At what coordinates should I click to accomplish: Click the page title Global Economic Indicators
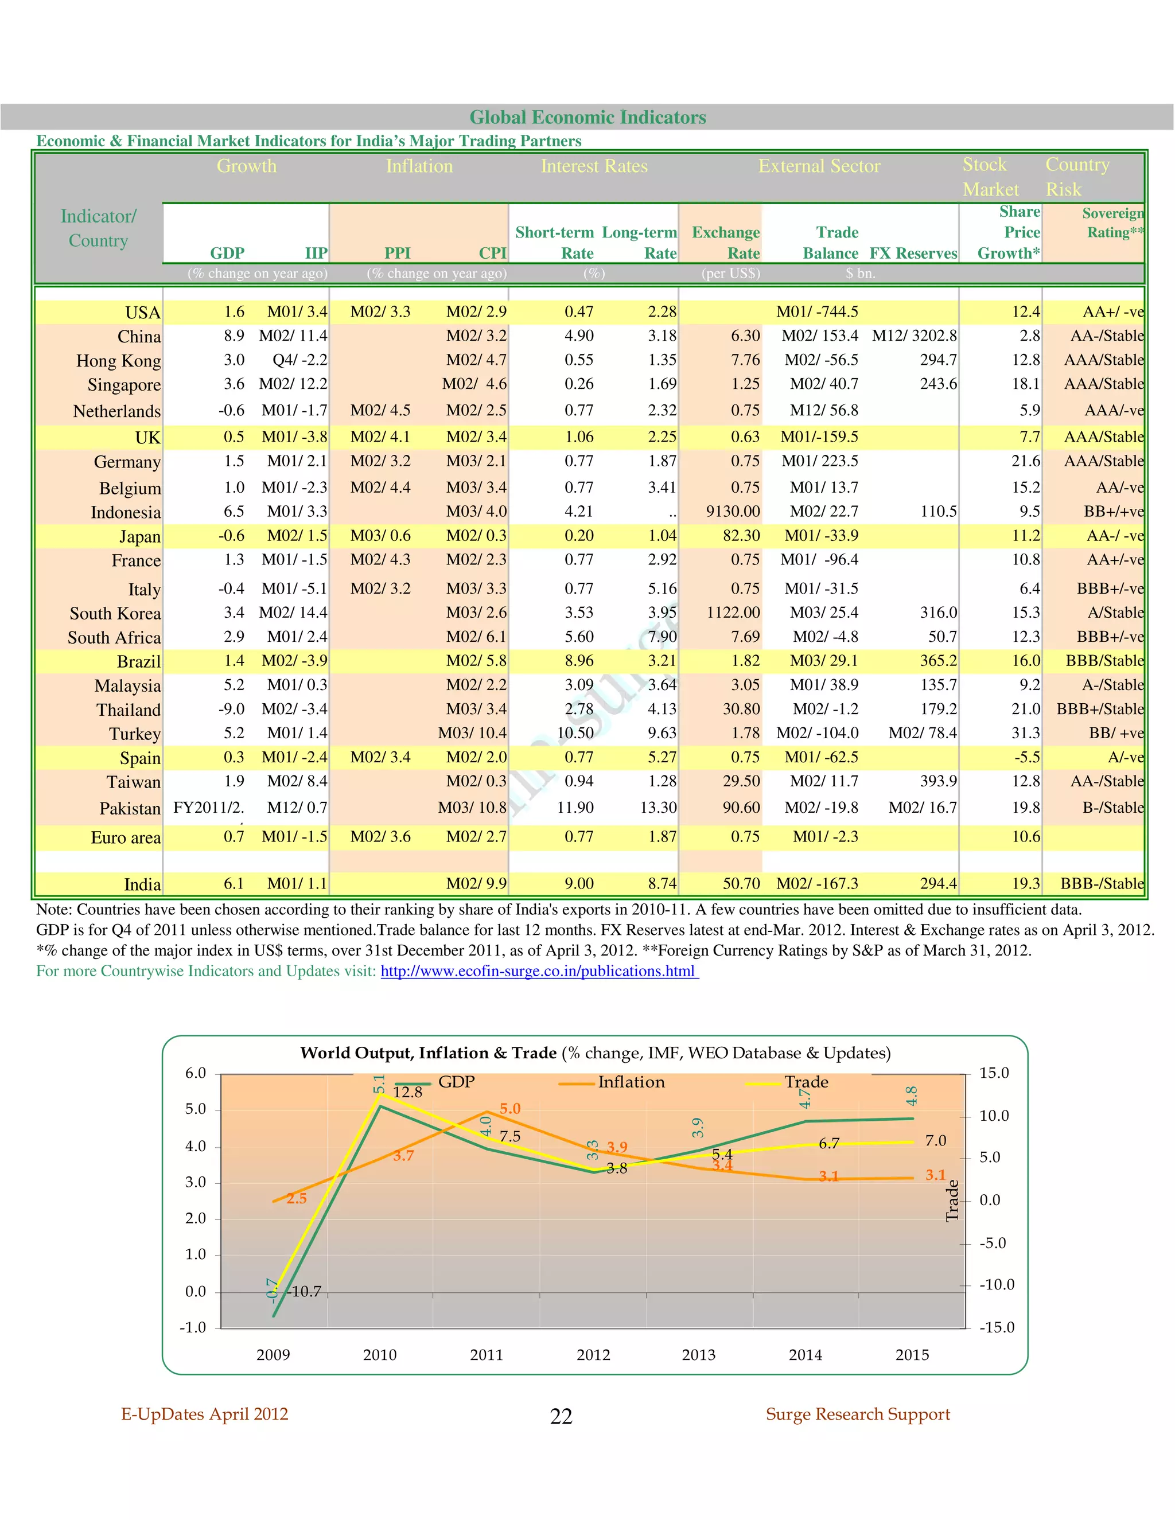pos(587,117)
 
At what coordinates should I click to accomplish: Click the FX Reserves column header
pos(913,254)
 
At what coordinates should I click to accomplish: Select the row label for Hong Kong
pos(118,361)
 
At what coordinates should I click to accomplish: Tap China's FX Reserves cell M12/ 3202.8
pos(914,336)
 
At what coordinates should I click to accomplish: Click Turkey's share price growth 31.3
pos(1025,733)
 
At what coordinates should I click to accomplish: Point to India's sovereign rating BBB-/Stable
pos(1102,884)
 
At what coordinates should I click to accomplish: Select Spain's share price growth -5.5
pos(1027,757)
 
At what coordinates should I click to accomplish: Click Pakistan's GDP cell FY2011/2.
pos(208,808)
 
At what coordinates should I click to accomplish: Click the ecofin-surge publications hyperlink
pos(539,971)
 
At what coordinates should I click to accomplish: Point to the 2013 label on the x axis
pos(698,1354)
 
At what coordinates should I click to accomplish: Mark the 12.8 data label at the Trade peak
pos(407,1092)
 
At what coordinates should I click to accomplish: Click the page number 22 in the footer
pos(561,1416)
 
